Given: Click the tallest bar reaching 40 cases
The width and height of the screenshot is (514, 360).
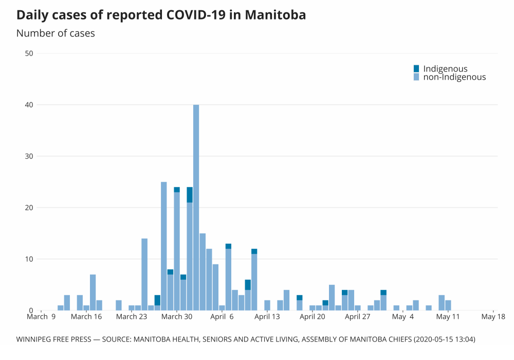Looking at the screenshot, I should click(x=196, y=206).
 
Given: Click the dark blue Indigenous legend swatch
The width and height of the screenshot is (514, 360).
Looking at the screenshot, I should click(x=416, y=68).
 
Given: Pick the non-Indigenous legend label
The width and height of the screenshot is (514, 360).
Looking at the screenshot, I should click(x=454, y=77).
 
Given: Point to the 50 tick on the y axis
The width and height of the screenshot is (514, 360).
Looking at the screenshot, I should click(x=29, y=53).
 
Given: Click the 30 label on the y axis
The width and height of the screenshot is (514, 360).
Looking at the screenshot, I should click(x=29, y=156).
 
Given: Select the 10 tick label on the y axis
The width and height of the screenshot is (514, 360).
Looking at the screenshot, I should click(x=29, y=259).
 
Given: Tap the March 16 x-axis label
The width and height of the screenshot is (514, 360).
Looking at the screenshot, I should click(x=86, y=317).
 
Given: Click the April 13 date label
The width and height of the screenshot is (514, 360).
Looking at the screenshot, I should click(x=267, y=317).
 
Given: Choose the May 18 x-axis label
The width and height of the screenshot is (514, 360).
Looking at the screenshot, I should click(x=493, y=317).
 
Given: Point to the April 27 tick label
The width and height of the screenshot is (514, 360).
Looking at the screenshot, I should click(x=358, y=317).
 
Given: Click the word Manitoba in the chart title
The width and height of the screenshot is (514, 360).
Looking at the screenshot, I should click(x=275, y=15).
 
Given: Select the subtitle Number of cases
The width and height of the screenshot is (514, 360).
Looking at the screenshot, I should click(x=56, y=33).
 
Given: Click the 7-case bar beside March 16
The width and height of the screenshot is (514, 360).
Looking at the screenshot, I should click(x=93, y=292).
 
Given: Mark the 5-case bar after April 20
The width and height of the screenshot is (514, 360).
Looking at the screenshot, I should click(x=332, y=297).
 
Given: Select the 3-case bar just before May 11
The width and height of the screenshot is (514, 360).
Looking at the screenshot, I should click(x=442, y=302).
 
